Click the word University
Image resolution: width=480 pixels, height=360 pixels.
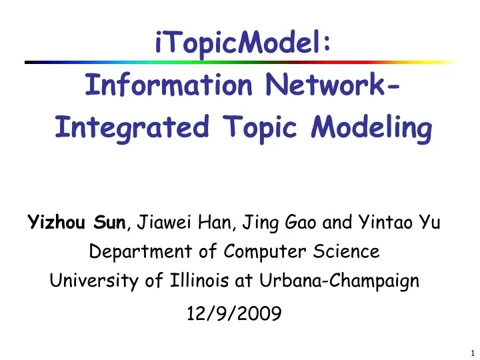(x=87, y=281)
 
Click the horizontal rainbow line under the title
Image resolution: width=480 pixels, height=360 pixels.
(x=240, y=62)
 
